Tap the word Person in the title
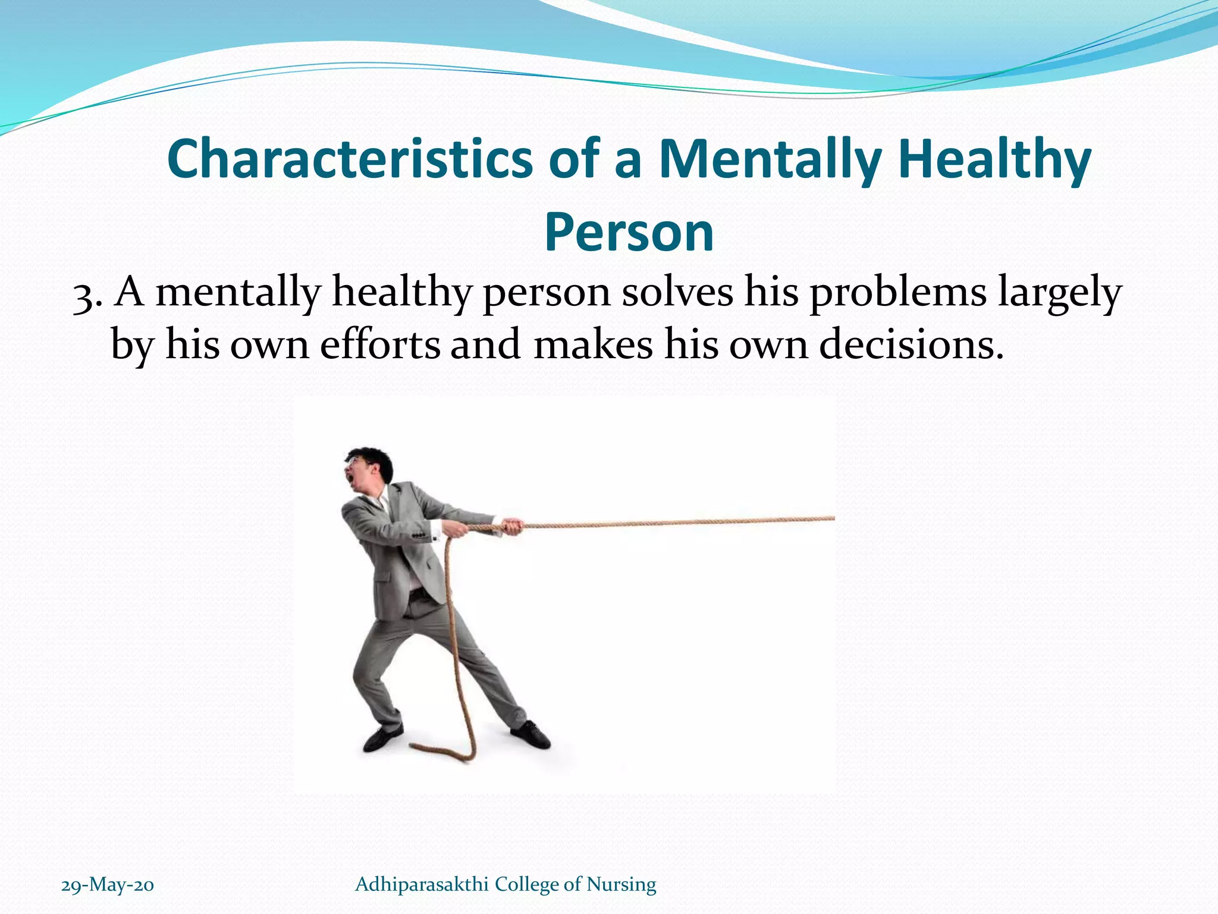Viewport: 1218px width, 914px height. (629, 233)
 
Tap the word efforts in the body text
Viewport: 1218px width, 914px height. (380, 345)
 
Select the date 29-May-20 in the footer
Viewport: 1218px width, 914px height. (108, 885)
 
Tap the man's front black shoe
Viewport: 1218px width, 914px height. (530, 735)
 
